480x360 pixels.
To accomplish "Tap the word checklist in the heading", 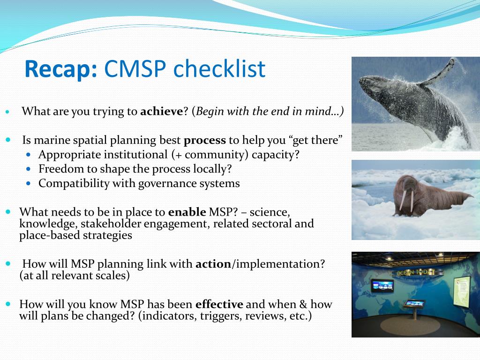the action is pos(219,68).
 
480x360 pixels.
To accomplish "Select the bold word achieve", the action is pos(162,111).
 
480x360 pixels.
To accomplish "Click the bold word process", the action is pos(205,141).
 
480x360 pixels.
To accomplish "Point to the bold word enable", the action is pos(187,212).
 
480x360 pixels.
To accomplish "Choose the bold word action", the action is pos(213,264).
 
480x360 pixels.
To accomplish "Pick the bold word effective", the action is pos(219,304).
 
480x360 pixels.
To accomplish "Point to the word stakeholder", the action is pos(111,224).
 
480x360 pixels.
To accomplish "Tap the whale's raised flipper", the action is pos(438,72).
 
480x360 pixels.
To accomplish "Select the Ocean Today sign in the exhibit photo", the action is pos(415,272).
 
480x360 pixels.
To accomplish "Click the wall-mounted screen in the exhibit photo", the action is pos(382,285).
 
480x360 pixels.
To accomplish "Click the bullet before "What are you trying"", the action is pos(7,112).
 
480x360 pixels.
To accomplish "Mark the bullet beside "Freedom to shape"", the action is pos(29,169).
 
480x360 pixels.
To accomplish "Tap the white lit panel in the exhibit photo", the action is pos(462,291).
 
